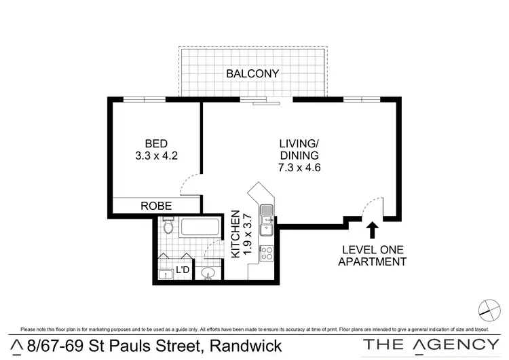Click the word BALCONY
click(x=252, y=73)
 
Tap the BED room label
click(x=155, y=143)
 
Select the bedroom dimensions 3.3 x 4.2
click(x=155, y=156)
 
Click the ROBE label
click(x=155, y=206)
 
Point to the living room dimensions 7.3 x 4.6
click(x=299, y=168)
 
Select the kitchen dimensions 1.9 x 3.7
click(x=248, y=234)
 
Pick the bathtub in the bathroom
click(x=200, y=228)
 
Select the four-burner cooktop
click(x=267, y=253)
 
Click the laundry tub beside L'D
click(x=164, y=274)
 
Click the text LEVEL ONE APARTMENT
click(x=372, y=255)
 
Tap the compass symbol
click(x=488, y=310)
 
